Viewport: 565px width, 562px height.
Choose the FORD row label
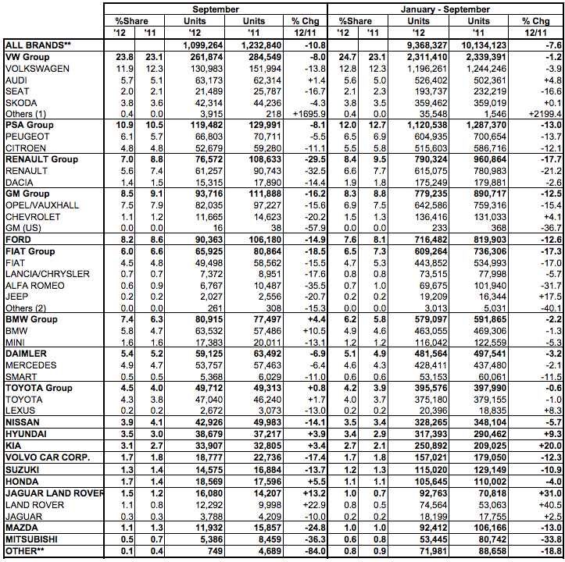(19, 239)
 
